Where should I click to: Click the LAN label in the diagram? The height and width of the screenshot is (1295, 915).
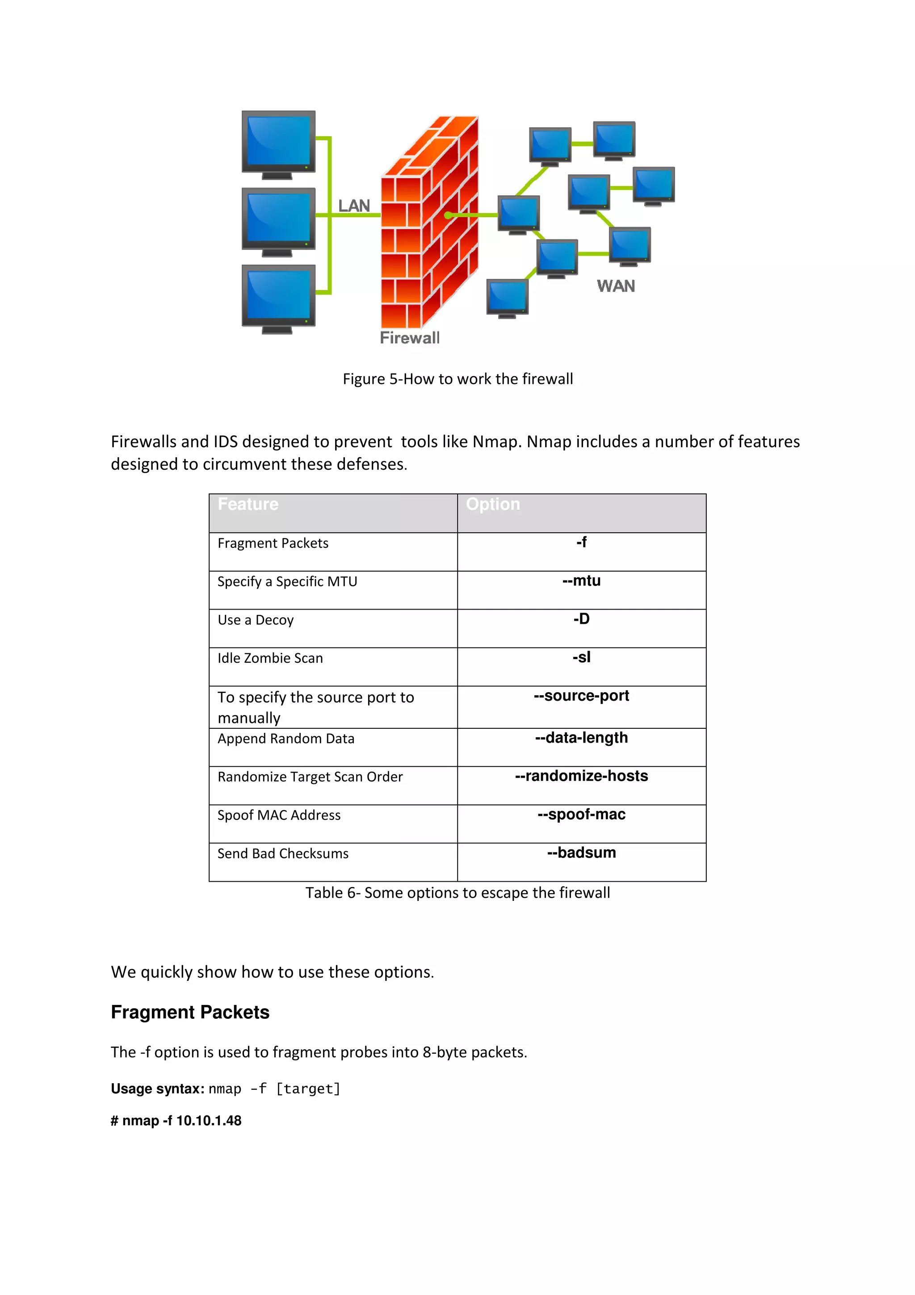pyautogui.click(x=354, y=206)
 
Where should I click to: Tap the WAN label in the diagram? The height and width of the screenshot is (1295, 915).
pyautogui.click(x=616, y=286)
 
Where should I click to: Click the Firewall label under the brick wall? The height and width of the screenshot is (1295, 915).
pyautogui.click(x=409, y=338)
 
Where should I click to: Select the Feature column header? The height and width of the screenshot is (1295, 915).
pyautogui.click(x=248, y=504)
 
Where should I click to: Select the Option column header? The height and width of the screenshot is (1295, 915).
pyautogui.click(x=493, y=504)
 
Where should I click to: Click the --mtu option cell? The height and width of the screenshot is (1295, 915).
pyautogui.click(x=581, y=581)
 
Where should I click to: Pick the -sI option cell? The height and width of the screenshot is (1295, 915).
pyautogui.click(x=581, y=658)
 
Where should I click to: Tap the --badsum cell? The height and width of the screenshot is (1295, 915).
pyautogui.click(x=581, y=853)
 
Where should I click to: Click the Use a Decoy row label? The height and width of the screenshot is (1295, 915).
pyautogui.click(x=256, y=620)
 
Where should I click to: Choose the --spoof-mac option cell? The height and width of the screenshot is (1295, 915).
pyautogui.click(x=581, y=815)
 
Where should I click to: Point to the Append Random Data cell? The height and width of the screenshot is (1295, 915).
pyautogui.click(x=286, y=739)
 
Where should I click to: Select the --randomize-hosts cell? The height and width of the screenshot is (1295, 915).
pyautogui.click(x=581, y=776)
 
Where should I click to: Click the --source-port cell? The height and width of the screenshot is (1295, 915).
pyautogui.click(x=581, y=696)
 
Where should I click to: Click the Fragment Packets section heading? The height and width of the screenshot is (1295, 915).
pyautogui.click(x=190, y=1013)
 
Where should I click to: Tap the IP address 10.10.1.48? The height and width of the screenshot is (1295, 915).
pyautogui.click(x=209, y=1121)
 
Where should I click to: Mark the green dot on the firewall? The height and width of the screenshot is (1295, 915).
pyautogui.click(x=448, y=215)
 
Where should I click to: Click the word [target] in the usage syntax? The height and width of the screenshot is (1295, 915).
pyautogui.click(x=308, y=1089)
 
